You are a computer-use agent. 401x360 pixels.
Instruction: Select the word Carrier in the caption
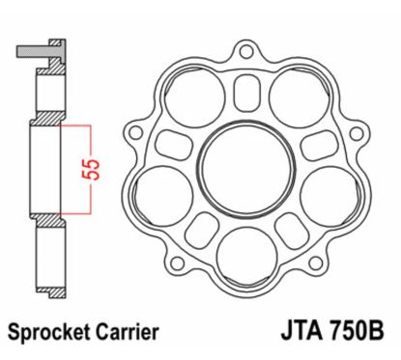[123, 333]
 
